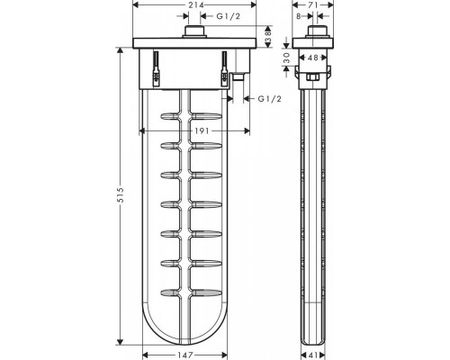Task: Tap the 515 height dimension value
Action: tap(121, 195)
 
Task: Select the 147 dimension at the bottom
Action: tap(185, 355)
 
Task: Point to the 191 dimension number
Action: tap(202, 130)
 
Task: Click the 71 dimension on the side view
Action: tap(313, 4)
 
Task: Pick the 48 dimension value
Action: tap(313, 58)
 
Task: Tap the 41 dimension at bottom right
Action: tap(313, 355)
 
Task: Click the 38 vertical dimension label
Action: tap(268, 37)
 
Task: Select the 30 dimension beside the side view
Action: tap(286, 58)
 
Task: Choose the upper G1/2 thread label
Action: tap(229, 16)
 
